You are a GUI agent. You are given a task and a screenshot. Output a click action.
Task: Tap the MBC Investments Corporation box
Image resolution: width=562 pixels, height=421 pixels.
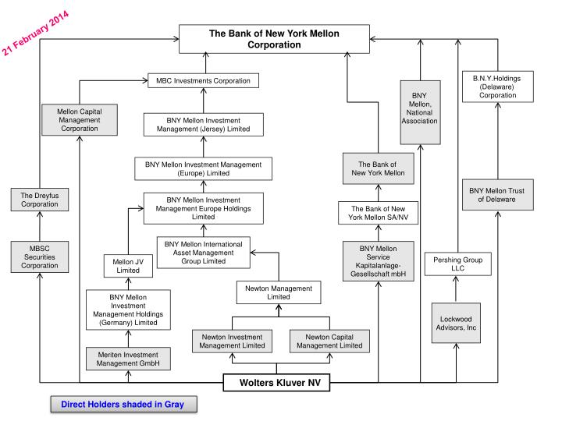[x=203, y=80]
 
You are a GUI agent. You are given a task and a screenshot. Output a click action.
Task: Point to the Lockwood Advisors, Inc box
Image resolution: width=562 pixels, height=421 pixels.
[x=457, y=323]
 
